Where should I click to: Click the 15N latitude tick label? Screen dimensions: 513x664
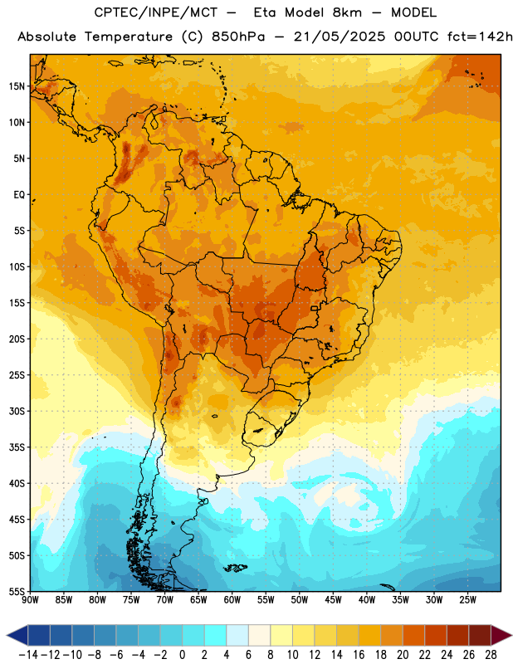(17, 86)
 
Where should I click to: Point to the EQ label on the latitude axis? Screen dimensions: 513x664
(19, 195)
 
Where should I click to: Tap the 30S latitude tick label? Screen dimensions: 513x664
(17, 411)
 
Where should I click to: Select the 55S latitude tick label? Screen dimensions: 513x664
(17, 591)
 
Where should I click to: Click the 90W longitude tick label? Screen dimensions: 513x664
(30, 600)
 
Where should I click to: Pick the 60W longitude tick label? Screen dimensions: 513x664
(232, 600)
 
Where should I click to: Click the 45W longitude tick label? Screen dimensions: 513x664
(333, 600)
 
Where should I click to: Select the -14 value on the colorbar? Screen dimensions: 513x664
(28, 655)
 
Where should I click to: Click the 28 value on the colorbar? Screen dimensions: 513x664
(491, 655)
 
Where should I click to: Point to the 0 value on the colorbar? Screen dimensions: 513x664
(182, 655)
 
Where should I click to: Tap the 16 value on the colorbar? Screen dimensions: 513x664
(359, 655)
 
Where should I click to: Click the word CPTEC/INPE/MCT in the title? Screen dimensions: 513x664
(156, 12)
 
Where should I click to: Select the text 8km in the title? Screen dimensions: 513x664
(347, 12)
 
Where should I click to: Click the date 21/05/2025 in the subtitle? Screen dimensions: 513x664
(340, 37)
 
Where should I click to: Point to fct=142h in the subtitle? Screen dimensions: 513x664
(480, 37)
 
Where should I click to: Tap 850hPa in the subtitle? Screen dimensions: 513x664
(238, 37)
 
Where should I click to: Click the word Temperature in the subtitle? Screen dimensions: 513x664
(129, 37)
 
